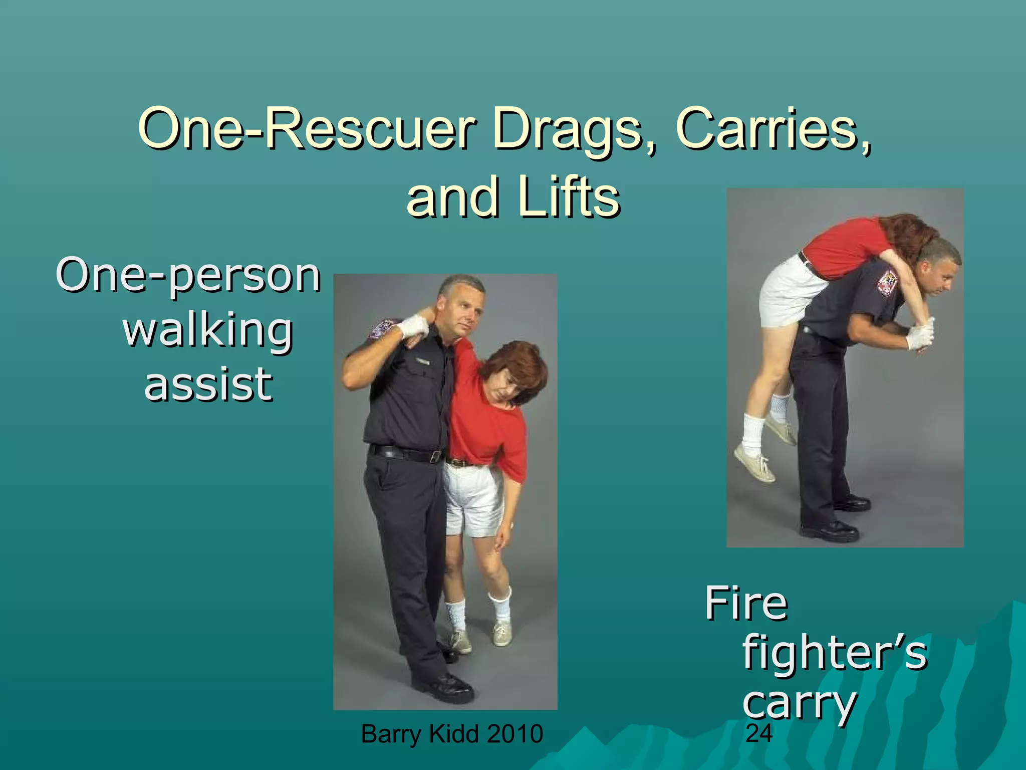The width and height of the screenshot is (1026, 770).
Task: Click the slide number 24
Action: coord(759,733)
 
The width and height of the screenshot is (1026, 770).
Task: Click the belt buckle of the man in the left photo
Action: coord(436,457)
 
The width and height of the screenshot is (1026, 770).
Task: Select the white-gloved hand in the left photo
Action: coord(412,327)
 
